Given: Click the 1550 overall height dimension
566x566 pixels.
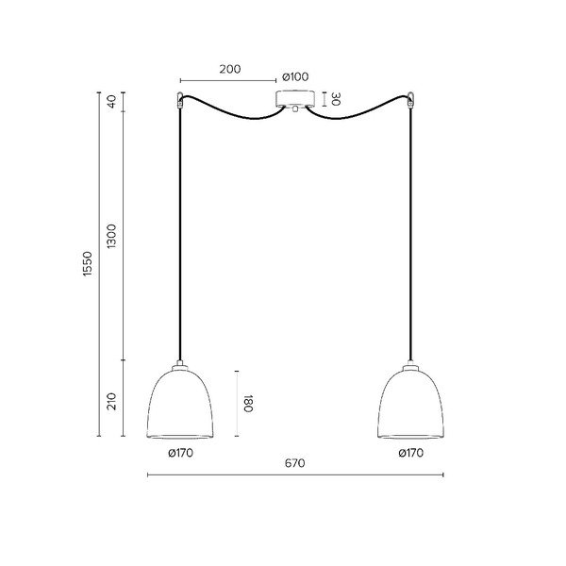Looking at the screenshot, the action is point(88,264).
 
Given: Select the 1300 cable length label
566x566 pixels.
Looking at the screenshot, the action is point(112,236).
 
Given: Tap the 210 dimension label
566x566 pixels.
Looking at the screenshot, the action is point(112,402).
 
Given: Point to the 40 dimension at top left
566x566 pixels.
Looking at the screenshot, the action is point(112,102).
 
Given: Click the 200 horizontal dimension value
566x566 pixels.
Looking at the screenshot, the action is point(230,69).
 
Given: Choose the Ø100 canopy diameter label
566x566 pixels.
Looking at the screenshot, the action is point(295,77).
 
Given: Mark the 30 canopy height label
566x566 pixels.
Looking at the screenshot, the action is point(335,99).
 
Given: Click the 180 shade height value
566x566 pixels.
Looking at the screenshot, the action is point(248,404).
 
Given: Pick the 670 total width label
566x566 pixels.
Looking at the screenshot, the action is point(295,463).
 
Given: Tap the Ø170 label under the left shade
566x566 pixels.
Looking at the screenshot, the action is point(180,453).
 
